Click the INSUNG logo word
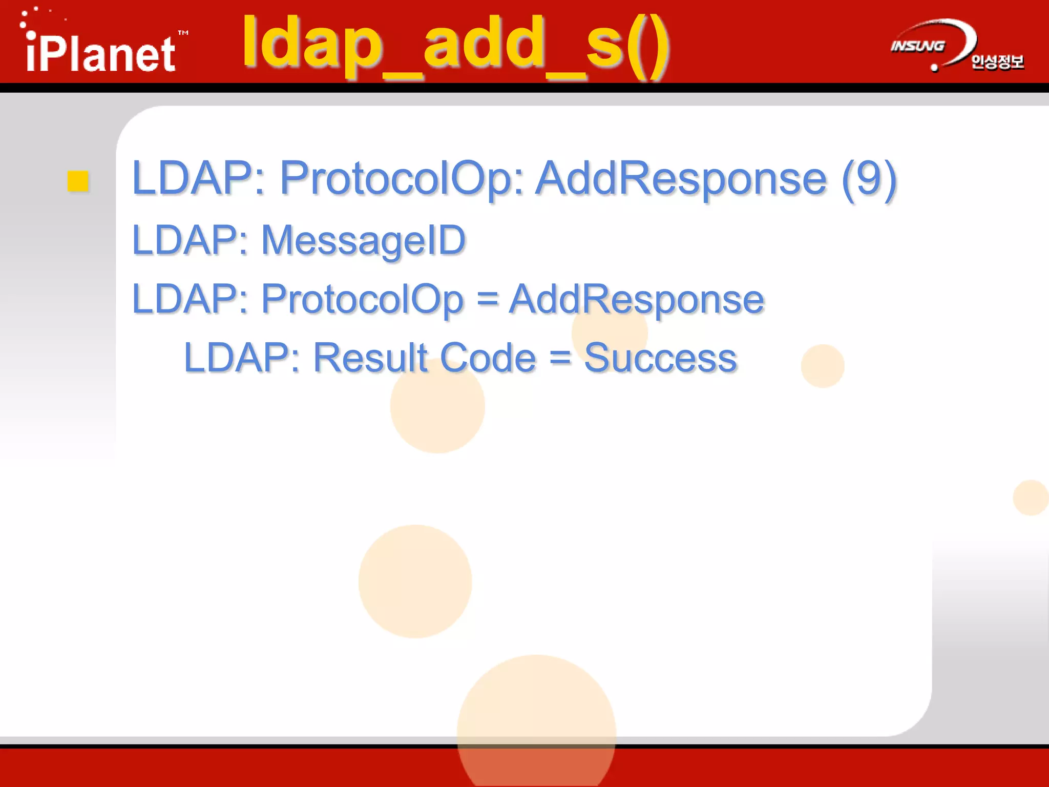click(x=917, y=46)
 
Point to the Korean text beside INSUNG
click(x=997, y=62)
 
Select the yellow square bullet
click(x=78, y=181)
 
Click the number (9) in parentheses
click(x=869, y=178)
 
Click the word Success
click(x=660, y=358)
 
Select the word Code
click(x=488, y=358)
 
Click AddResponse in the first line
click(x=681, y=178)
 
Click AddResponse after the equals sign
click(x=636, y=299)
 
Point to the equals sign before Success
click(x=560, y=358)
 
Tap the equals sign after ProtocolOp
click(x=487, y=299)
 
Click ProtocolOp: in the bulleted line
click(x=402, y=178)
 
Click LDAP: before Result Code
click(x=241, y=358)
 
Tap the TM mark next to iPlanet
click(x=183, y=33)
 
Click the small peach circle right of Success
click(x=823, y=366)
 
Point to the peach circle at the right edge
click(x=1031, y=498)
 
